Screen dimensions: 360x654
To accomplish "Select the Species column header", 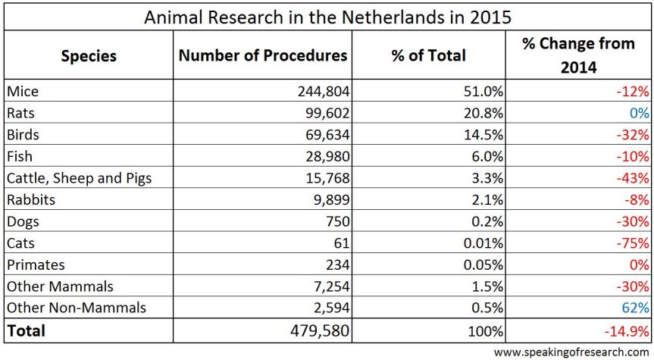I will (89, 55).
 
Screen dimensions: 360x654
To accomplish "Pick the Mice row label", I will (22, 92).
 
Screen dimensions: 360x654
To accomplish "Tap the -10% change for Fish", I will (633, 157).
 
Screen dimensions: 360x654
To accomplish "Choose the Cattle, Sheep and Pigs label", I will (79, 179).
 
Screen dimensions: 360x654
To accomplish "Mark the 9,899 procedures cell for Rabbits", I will (330, 200).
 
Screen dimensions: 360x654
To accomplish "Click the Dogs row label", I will (23, 222).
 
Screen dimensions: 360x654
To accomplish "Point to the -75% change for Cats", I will (633, 243).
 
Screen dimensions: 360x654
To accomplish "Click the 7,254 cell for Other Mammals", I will (330, 287).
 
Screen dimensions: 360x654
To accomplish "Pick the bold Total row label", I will (27, 330).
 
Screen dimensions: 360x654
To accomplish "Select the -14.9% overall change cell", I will (626, 330).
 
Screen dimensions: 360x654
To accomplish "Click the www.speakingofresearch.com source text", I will (571, 352).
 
